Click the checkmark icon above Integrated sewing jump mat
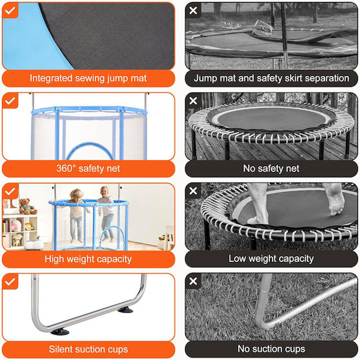[x=10, y=10]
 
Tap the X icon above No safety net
[x=193, y=101]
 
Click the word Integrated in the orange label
[x=51, y=78]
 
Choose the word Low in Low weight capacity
[x=237, y=259]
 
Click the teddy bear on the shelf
[x=27, y=207]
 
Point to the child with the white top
[x=106, y=213]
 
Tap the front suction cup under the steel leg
[x=60, y=331]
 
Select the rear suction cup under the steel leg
[x=125, y=310]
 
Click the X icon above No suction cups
[x=193, y=281]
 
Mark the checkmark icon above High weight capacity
[x=10, y=191]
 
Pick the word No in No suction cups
[x=243, y=349]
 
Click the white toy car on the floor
[x=34, y=245]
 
